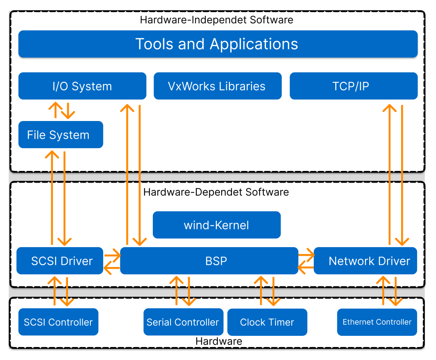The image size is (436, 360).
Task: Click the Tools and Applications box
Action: click(x=218, y=44)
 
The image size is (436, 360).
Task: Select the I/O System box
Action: click(x=82, y=86)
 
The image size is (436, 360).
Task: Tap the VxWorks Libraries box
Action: click(x=217, y=86)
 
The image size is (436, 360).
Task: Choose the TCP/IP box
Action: click(x=353, y=86)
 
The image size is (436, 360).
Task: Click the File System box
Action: click(x=61, y=135)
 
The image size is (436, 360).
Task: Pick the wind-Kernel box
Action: click(x=216, y=225)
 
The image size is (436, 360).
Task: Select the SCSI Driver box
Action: click(x=60, y=261)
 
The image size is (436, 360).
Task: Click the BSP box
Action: click(x=209, y=261)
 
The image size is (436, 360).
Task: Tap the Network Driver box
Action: click(x=365, y=261)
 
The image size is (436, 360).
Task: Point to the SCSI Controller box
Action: click(x=58, y=322)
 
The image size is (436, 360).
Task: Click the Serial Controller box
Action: click(x=183, y=322)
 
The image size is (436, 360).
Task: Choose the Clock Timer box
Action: click(x=267, y=322)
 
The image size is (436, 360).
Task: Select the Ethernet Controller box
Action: click(x=377, y=322)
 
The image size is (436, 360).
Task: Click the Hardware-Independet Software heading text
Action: click(x=216, y=20)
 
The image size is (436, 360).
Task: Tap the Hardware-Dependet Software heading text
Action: click(x=216, y=192)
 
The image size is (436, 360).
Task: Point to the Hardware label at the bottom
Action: click(x=219, y=341)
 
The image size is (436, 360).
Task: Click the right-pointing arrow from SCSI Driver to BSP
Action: click(x=112, y=255)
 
